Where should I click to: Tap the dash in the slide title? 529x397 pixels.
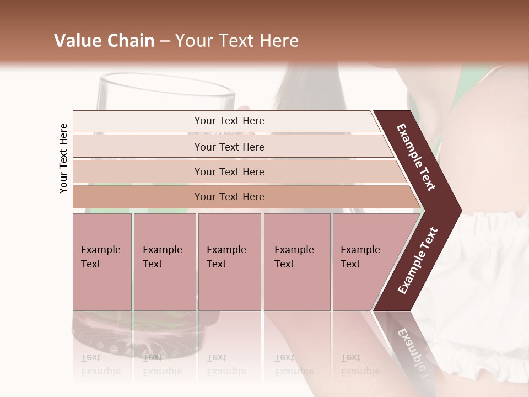click(165, 41)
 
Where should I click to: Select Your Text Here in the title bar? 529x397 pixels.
click(237, 41)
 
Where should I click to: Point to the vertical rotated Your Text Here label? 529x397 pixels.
click(63, 159)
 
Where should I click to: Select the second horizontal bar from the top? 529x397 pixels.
click(229, 147)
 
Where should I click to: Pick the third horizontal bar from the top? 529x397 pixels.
click(229, 171)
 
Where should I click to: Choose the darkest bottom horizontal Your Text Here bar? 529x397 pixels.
click(229, 197)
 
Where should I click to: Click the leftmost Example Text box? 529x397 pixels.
click(102, 262)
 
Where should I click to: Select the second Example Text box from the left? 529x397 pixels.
click(164, 262)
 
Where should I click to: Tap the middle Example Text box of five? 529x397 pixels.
click(229, 262)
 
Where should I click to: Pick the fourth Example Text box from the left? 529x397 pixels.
click(296, 262)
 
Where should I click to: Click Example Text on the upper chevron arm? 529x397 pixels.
click(416, 157)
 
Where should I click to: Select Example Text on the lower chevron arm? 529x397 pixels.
click(418, 261)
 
